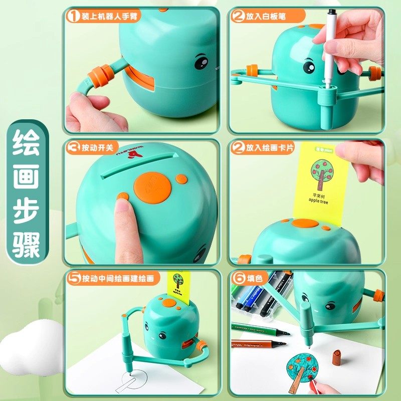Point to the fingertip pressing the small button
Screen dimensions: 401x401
pos(120,203)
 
